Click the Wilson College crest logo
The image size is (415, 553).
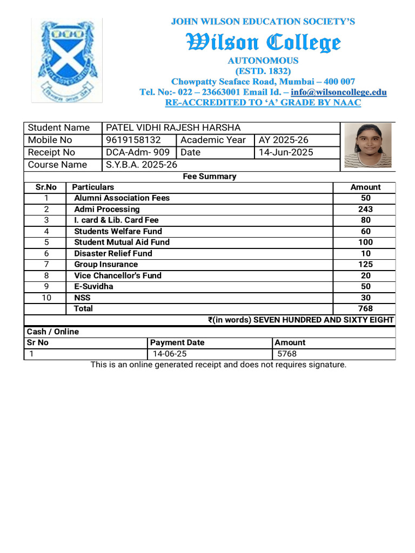(66, 59)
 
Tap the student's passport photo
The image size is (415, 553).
(368, 145)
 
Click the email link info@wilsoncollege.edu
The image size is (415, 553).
(338, 92)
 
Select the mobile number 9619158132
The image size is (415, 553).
(133, 140)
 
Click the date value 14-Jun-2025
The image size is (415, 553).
(286, 152)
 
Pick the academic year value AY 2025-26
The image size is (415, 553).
(284, 140)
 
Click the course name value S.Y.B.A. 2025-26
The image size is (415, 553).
(141, 165)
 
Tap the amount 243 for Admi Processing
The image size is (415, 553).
(365, 209)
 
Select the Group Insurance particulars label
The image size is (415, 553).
(106, 265)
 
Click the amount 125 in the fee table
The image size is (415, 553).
(365, 265)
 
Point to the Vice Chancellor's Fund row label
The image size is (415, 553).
(118, 275)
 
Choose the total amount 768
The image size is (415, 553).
(365, 308)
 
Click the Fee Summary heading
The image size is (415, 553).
(210, 176)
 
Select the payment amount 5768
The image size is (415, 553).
(286, 354)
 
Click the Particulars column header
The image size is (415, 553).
(93, 187)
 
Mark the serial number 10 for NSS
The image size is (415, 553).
(46, 298)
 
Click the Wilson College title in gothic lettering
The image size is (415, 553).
(263, 42)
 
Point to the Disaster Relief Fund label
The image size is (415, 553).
(113, 253)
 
